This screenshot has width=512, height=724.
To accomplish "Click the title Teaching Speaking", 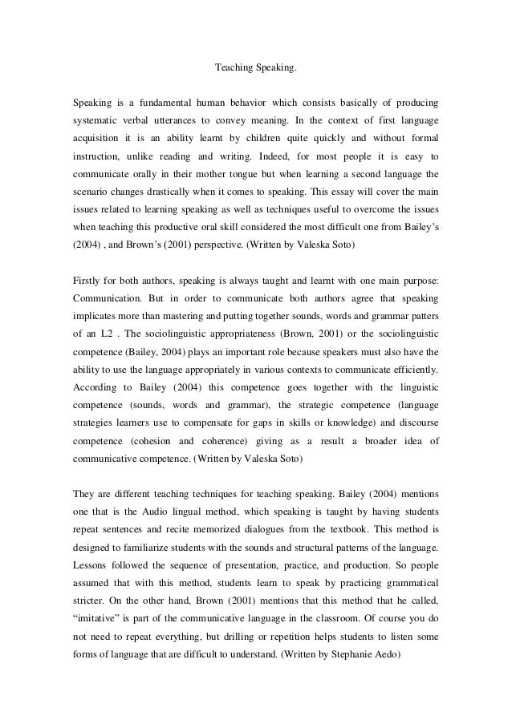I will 256,69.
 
